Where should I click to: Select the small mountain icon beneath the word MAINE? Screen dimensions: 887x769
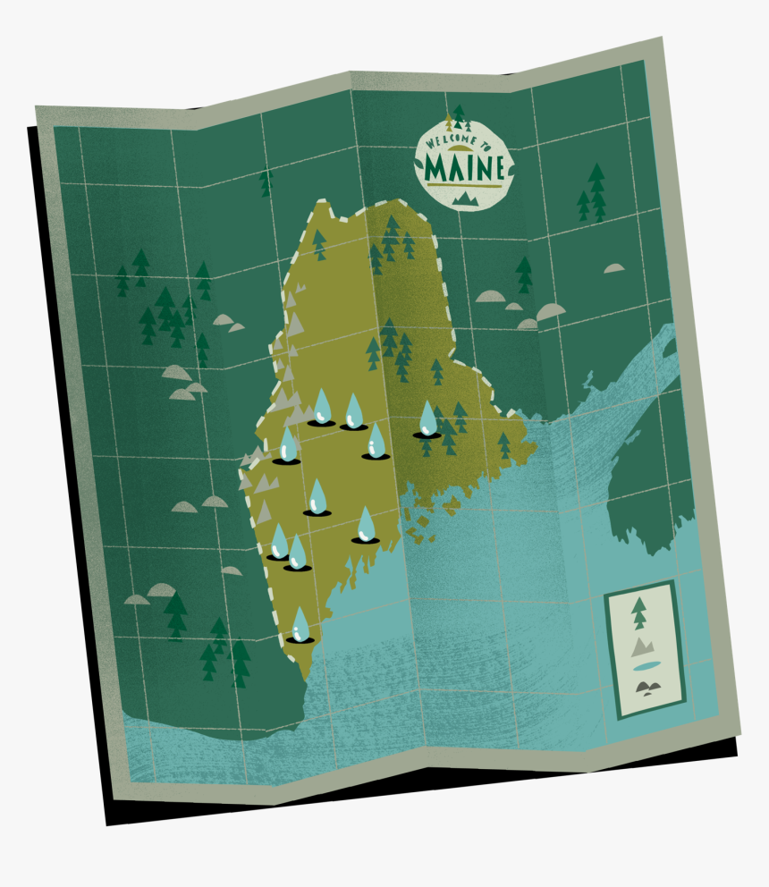(x=466, y=198)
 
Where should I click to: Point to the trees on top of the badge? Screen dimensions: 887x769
(x=459, y=116)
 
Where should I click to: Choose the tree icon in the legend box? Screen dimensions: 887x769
(x=638, y=615)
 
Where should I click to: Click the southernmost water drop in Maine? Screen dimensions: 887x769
(x=300, y=625)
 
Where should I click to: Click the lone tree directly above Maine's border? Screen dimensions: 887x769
(x=266, y=182)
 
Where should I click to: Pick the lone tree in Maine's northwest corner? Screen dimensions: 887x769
(x=319, y=244)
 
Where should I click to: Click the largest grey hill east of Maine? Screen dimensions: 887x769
(x=551, y=311)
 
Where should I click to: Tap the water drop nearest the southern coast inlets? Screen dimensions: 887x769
(x=366, y=525)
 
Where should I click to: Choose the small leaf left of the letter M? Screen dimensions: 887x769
(x=420, y=166)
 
